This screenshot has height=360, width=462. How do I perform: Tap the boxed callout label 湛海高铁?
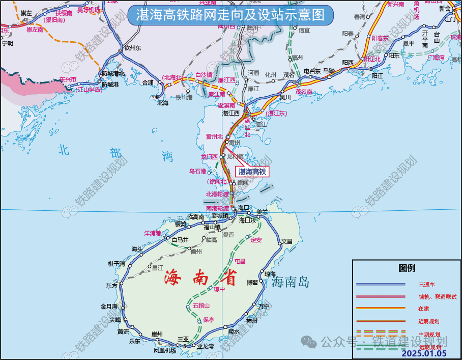coord(253,172)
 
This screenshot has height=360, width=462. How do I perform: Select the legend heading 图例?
coord(407,268)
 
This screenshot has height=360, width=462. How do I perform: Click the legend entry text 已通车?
coord(427,284)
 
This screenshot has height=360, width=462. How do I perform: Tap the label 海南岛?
coord(290,282)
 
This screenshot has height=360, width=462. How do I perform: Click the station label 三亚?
coord(183,339)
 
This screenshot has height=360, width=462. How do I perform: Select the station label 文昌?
coord(287,241)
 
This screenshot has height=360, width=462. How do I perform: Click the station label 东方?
coord(111,286)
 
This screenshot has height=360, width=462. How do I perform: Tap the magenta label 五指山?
coord(200,306)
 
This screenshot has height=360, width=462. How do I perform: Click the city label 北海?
coord(162,102)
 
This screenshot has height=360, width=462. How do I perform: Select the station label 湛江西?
coord(231,113)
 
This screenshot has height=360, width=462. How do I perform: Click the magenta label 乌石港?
coord(197,171)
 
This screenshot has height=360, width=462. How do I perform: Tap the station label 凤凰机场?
coord(164,350)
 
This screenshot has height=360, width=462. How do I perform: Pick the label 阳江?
coord(377,75)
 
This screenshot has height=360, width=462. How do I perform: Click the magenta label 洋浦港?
coord(153,233)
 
